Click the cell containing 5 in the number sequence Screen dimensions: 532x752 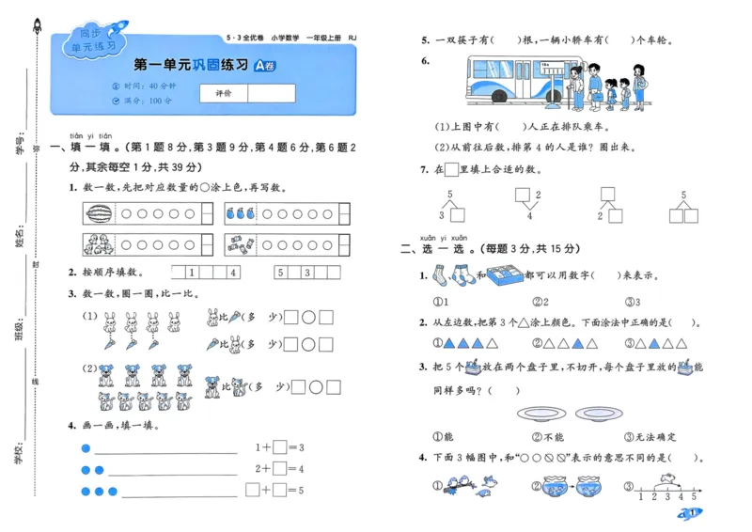coord(280,273)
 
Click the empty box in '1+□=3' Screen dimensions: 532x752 coord(279,447)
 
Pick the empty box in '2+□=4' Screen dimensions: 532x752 coord(279,469)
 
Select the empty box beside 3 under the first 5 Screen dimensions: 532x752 coord(462,215)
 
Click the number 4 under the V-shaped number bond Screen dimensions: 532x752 coord(529,216)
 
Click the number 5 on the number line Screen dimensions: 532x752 coord(695,495)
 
